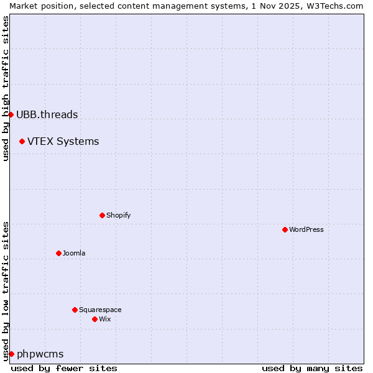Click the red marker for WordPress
tap(285, 229)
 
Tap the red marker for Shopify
tap(102, 215)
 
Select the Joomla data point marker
tap(58, 253)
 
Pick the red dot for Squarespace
tap(75, 310)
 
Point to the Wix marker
tap(94, 319)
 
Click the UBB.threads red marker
tap(11, 114)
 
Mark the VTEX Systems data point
tap(22, 141)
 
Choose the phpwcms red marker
tap(11, 354)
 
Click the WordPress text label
tap(306, 229)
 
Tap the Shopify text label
tap(119, 215)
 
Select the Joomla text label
tap(74, 253)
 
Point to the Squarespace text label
tap(100, 310)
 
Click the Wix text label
tap(105, 319)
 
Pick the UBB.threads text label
tap(47, 114)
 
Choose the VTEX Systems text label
tap(63, 141)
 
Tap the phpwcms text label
tap(40, 354)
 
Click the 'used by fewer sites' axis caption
tap(64, 368)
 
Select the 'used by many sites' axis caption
tap(312, 368)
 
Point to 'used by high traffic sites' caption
tap(6, 88)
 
